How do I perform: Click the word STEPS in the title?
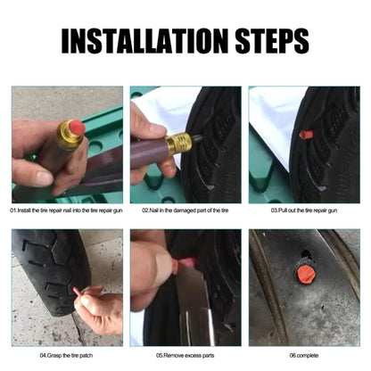pyautogui.click(x=272, y=41)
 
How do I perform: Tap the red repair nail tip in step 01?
pyautogui.click(x=78, y=128)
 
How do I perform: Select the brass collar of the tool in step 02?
pyautogui.click(x=178, y=144)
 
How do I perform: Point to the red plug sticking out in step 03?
pyautogui.click(x=306, y=135)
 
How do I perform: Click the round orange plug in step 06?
pyautogui.click(x=306, y=275)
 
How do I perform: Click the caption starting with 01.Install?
pyautogui.click(x=66, y=210)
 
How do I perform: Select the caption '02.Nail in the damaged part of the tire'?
pyautogui.click(x=185, y=210)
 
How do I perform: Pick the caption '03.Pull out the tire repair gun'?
pyautogui.click(x=304, y=210)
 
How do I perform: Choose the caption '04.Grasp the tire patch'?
pyautogui.click(x=66, y=355)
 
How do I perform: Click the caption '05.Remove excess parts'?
pyautogui.click(x=185, y=355)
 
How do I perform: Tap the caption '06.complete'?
pyautogui.click(x=304, y=355)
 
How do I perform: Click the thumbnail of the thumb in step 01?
pyautogui.click(x=44, y=177)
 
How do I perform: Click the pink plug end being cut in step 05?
pyautogui.click(x=185, y=263)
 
